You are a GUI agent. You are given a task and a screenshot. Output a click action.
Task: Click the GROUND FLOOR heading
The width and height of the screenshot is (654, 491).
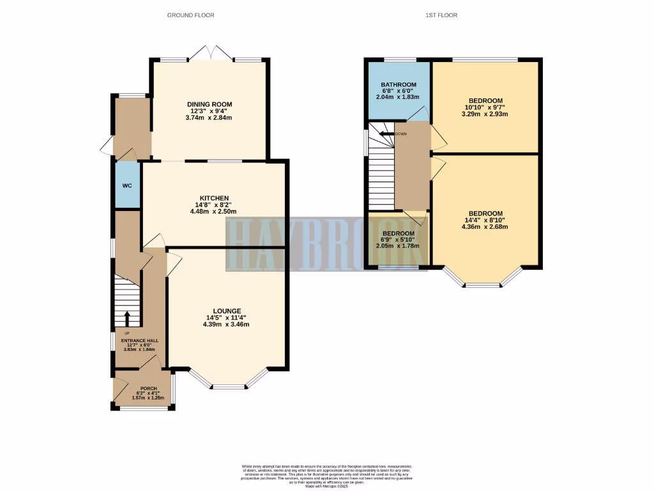click(190, 15)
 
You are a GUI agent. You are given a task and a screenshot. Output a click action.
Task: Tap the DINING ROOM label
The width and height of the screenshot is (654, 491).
click(209, 104)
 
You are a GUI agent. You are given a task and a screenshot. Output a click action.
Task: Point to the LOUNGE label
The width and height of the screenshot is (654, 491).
click(227, 311)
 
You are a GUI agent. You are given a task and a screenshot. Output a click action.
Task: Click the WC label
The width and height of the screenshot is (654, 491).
click(126, 185)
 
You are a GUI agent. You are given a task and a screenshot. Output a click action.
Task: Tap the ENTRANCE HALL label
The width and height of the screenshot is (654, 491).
click(140, 341)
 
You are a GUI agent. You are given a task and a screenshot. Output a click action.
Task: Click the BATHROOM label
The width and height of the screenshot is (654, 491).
click(399, 84)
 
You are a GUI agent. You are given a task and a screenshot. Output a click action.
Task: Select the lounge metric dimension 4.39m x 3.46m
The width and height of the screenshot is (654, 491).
click(227, 325)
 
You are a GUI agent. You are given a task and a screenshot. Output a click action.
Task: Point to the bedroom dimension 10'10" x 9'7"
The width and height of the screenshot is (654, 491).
click(485, 107)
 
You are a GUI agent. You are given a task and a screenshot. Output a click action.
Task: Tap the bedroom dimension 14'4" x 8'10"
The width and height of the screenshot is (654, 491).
click(485, 221)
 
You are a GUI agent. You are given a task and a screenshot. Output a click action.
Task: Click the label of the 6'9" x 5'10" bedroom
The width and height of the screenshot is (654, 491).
click(398, 233)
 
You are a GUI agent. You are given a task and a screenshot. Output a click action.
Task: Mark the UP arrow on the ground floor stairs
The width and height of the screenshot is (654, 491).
click(126, 318)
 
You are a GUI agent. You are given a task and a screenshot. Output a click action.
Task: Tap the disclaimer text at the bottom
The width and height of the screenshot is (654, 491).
click(327, 476)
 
